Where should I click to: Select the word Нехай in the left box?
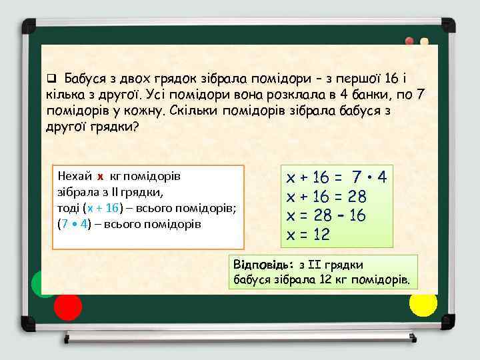pyautogui.click(x=75, y=177)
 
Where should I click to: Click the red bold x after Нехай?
pyautogui.click(x=100, y=177)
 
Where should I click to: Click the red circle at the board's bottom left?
pyautogui.click(x=67, y=307)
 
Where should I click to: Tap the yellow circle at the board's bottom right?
pyautogui.click(x=423, y=304)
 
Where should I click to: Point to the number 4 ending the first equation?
pyautogui.click(x=382, y=178)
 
